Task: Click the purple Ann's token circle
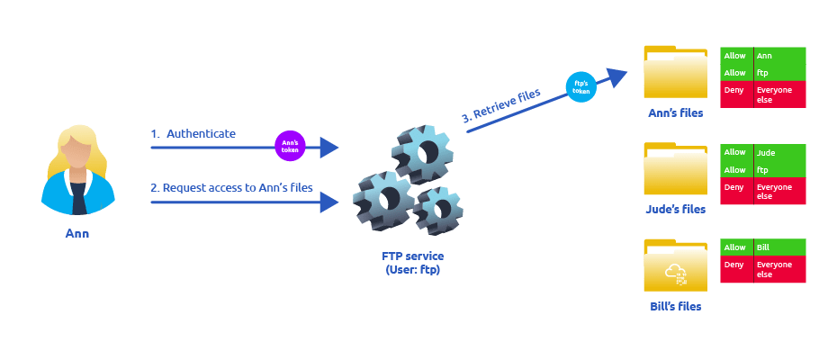tap(290, 146)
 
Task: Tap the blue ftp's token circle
tap(580, 87)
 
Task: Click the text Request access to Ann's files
tap(232, 187)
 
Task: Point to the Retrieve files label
tap(501, 105)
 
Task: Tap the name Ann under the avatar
tap(77, 233)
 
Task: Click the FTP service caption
tap(413, 263)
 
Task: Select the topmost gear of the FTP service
tap(422, 153)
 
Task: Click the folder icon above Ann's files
tap(675, 72)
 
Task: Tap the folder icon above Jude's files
tap(675, 169)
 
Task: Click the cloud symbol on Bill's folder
tap(675, 273)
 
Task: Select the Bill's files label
tap(675, 306)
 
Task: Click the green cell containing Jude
tap(779, 153)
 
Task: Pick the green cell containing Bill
tap(779, 247)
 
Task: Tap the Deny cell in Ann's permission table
tap(736, 94)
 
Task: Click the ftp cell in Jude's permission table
tap(779, 169)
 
